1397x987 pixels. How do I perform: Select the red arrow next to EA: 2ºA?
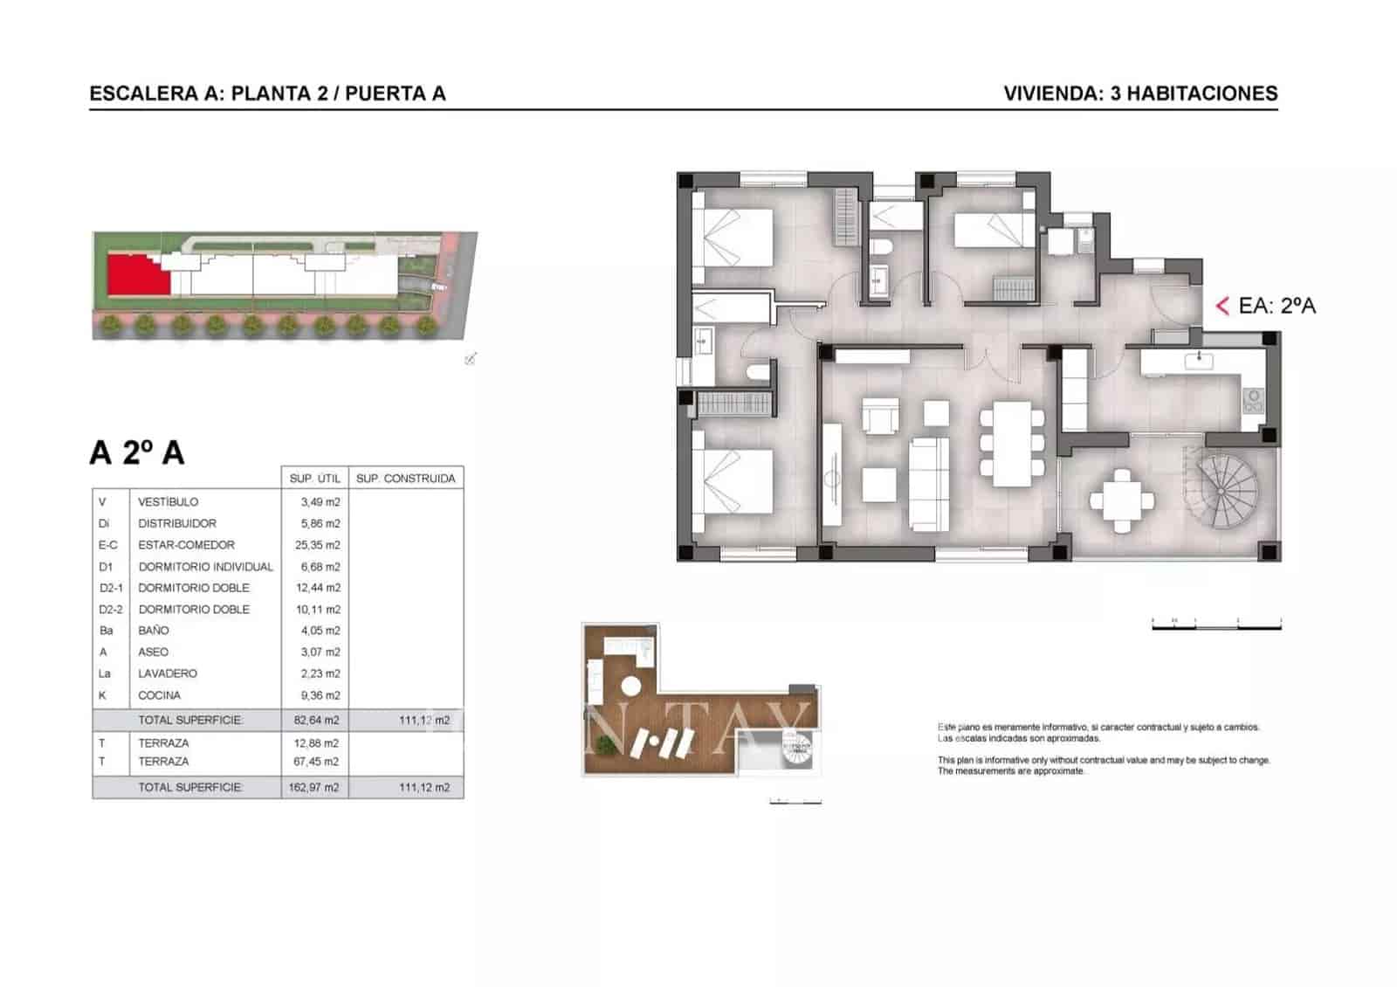pos(1222,306)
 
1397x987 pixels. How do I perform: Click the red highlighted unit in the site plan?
pos(134,277)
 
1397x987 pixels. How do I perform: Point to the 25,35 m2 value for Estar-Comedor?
pos(320,545)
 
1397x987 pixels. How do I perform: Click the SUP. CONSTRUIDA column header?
pos(406,479)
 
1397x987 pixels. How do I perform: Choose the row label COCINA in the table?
pos(159,695)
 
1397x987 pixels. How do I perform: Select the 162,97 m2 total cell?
pos(313,787)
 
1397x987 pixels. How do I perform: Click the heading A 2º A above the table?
pos(137,452)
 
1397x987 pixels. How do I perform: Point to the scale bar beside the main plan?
pos(1215,625)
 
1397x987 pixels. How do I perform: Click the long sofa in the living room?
pos(929,484)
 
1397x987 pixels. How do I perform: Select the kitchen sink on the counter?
pos(1200,359)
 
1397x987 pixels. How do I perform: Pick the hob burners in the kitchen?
pos(1253,401)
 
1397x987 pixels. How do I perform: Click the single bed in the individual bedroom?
pos(993,231)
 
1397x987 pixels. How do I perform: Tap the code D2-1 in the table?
pos(111,588)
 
